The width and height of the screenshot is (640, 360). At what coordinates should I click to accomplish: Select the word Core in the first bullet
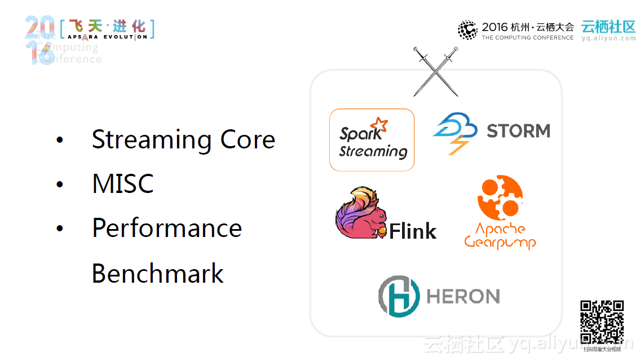[x=248, y=140]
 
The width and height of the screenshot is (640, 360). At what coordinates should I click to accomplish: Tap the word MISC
[x=123, y=184]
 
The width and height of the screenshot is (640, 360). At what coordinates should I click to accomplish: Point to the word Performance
[x=167, y=228]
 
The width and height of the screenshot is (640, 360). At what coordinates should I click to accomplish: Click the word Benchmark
[x=157, y=273]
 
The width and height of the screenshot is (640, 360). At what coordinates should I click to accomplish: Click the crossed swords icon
[x=435, y=72]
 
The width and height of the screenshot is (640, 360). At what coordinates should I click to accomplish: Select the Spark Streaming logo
[x=372, y=140]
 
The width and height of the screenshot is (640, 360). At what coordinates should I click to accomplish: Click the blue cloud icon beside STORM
[x=454, y=131]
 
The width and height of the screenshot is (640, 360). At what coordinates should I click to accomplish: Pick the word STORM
[x=518, y=131]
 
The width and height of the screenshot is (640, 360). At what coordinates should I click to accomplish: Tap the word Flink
[x=413, y=231]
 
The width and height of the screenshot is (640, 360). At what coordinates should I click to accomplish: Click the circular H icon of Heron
[x=399, y=296]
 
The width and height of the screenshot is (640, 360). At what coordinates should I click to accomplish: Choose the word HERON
[x=464, y=296]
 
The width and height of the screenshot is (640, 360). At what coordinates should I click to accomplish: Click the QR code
[x=602, y=322]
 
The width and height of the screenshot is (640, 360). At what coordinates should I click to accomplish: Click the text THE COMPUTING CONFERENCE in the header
[x=527, y=38]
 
